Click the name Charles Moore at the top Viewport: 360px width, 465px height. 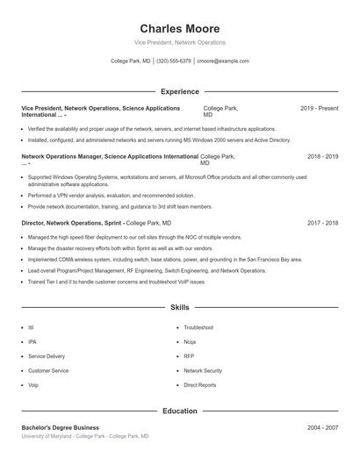pyautogui.click(x=180, y=29)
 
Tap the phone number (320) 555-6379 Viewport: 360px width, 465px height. pyautogui.click(x=174, y=61)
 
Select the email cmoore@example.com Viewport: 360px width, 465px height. pyautogui.click(x=223, y=61)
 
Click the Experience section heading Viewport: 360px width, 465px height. pyautogui.click(x=180, y=91)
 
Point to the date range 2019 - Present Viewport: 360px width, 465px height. pyautogui.click(x=319, y=109)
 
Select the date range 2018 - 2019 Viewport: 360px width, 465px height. pyautogui.click(x=322, y=156)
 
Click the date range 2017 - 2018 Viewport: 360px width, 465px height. pyautogui.click(x=322, y=223)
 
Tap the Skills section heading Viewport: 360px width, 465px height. pyautogui.click(x=180, y=308)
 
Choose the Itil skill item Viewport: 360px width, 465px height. pyautogui.click(x=31, y=328)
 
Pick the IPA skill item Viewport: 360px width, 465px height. pyautogui.click(x=32, y=342)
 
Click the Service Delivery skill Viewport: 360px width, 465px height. pyautogui.click(x=47, y=356)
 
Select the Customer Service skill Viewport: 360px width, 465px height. pyautogui.click(x=48, y=371)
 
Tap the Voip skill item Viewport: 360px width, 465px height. pyautogui.click(x=33, y=385)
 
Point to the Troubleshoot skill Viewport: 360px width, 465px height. pyautogui.click(x=198, y=328)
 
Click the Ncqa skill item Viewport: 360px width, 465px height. pyautogui.click(x=190, y=342)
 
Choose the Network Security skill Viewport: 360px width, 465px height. pyautogui.click(x=203, y=371)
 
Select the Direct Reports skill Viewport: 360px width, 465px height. pyautogui.click(x=199, y=385)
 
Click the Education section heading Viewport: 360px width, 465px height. pyautogui.click(x=180, y=411)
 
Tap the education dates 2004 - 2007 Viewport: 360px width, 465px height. pyautogui.click(x=322, y=427)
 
